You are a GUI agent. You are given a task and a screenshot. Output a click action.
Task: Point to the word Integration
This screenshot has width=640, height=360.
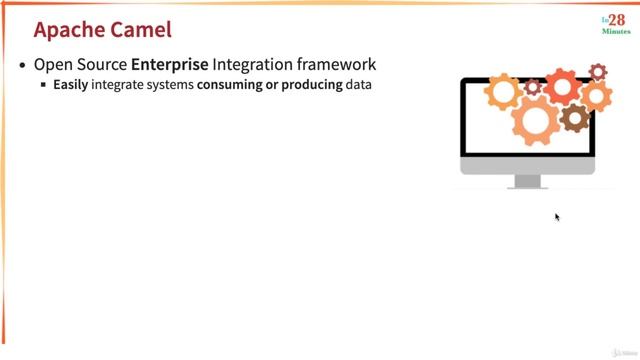tap(252, 66)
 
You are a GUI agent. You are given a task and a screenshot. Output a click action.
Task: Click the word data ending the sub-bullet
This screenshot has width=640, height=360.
tap(359, 86)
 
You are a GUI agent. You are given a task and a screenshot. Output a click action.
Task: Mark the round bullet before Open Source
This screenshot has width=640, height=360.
tap(24, 66)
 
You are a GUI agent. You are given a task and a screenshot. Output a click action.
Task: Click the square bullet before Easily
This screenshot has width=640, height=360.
tap(44, 86)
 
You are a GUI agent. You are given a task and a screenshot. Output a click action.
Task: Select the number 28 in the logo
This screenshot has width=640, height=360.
tap(616, 21)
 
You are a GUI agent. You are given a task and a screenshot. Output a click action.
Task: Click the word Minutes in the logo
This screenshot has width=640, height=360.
tap(615, 32)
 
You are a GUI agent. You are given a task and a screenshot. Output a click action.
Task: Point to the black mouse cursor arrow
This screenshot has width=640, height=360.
tap(557, 216)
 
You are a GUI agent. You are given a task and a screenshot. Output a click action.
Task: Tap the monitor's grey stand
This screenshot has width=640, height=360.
tap(527, 181)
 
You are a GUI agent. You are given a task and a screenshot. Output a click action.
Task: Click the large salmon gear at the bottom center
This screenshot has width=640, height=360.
tap(536, 120)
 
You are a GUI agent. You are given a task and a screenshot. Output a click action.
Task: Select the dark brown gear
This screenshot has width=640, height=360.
tap(574, 118)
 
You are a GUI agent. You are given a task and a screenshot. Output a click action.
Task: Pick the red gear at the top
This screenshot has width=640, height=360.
tap(562, 87)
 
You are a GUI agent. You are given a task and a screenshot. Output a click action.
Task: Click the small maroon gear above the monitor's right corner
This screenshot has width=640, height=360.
tap(598, 72)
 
